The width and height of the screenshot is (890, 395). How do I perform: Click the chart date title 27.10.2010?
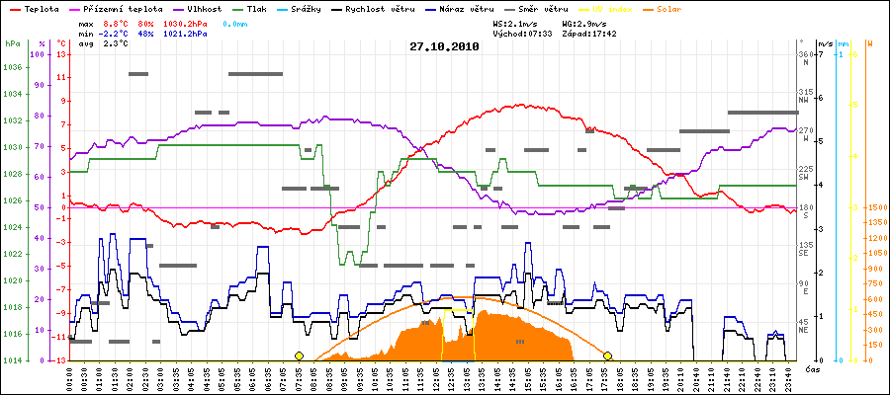coord(444,46)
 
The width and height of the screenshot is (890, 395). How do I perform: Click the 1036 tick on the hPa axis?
coord(12,68)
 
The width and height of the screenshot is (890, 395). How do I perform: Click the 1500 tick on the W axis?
coord(862,207)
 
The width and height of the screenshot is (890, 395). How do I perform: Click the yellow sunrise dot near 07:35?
coord(299,355)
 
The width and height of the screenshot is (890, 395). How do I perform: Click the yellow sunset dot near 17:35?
coord(608,355)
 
